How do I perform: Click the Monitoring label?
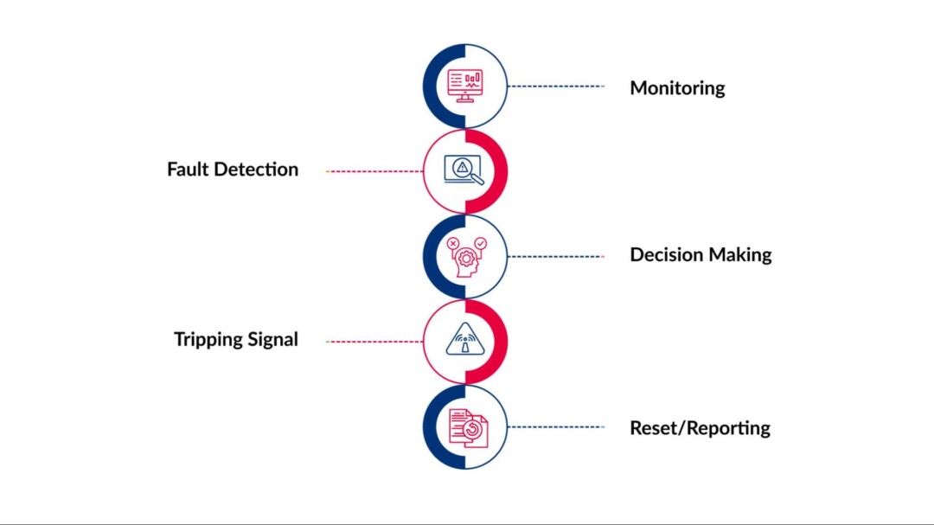(x=677, y=87)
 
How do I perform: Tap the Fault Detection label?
(x=233, y=170)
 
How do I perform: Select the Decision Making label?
(x=700, y=255)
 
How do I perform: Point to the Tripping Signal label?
(x=236, y=339)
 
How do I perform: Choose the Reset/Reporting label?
(x=700, y=427)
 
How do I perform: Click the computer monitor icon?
(x=465, y=86)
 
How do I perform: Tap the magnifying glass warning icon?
(x=464, y=170)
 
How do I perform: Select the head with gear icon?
(x=465, y=256)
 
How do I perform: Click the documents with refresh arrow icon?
(x=467, y=427)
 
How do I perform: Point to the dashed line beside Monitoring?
(x=556, y=86)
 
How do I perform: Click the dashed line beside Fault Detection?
(x=374, y=171)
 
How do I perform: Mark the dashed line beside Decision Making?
(x=556, y=256)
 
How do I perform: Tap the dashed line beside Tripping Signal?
(x=374, y=342)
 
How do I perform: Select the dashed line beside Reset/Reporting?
(x=556, y=426)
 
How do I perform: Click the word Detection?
(x=256, y=170)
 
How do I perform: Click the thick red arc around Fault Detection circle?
(x=501, y=171)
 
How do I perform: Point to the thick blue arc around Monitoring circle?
(x=429, y=86)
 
